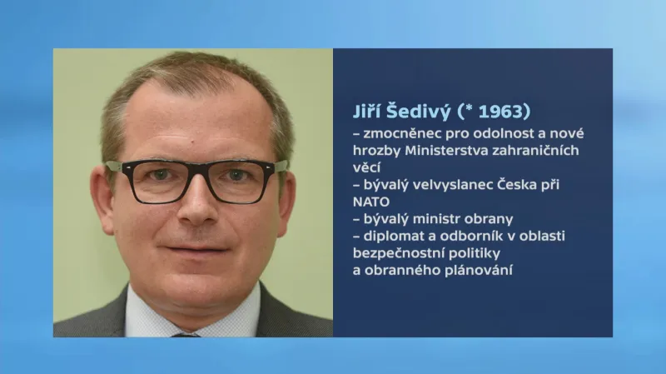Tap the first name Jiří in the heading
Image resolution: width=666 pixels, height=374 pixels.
click(369, 111)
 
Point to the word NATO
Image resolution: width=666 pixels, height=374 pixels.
click(371, 202)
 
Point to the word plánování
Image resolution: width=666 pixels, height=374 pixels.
click(475, 270)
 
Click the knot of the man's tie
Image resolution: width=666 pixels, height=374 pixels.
click(185, 335)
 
